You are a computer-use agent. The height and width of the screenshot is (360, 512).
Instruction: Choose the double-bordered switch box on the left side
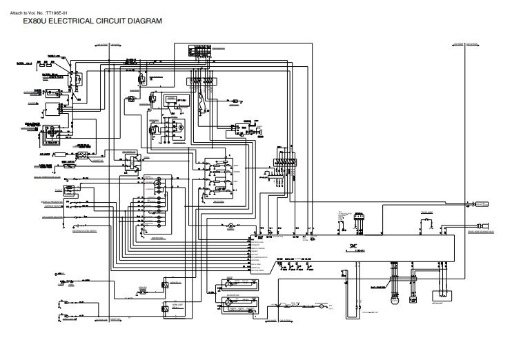(x=128, y=160)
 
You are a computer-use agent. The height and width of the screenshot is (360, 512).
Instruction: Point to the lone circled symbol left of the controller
(x=232, y=217)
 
